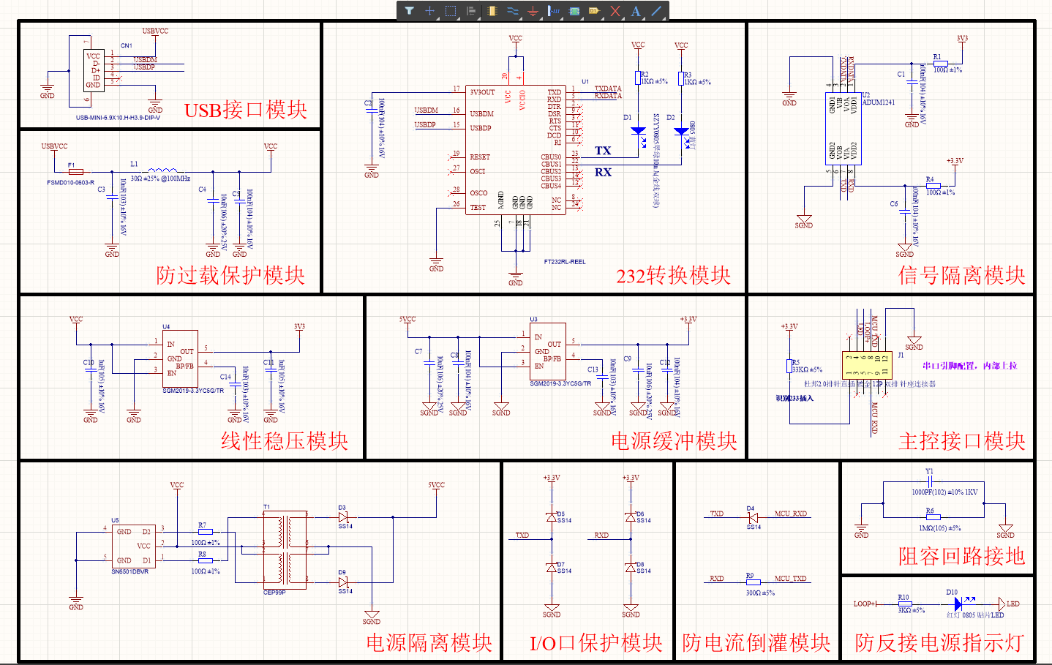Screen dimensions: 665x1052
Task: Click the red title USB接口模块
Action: point(245,110)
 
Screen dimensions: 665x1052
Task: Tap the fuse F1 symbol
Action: point(75,172)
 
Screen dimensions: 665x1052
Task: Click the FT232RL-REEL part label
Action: point(565,261)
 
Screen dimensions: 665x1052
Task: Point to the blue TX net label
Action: point(603,151)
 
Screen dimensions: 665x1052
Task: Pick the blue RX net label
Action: point(603,173)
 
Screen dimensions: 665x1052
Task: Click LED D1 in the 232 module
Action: point(638,132)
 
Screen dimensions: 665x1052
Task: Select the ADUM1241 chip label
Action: point(879,102)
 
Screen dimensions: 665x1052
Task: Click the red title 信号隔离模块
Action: point(961,276)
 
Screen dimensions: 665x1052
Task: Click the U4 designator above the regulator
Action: point(166,326)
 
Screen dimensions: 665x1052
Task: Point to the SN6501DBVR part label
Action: point(129,571)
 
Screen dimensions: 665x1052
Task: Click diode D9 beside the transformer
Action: point(343,582)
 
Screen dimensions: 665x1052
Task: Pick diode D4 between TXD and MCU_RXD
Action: point(752,517)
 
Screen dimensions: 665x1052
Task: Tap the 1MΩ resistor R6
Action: point(933,517)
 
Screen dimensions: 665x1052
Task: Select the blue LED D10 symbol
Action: point(958,604)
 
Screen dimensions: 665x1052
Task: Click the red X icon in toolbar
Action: point(615,11)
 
